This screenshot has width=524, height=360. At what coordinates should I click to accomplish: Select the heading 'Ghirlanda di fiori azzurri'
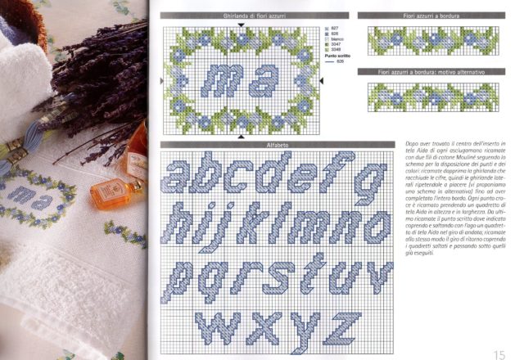(239, 16)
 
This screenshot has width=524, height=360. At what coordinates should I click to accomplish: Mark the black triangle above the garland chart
(240, 25)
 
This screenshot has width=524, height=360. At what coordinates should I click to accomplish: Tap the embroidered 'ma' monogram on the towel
(29, 195)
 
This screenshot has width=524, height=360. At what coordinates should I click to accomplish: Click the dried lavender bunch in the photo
(98, 82)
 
